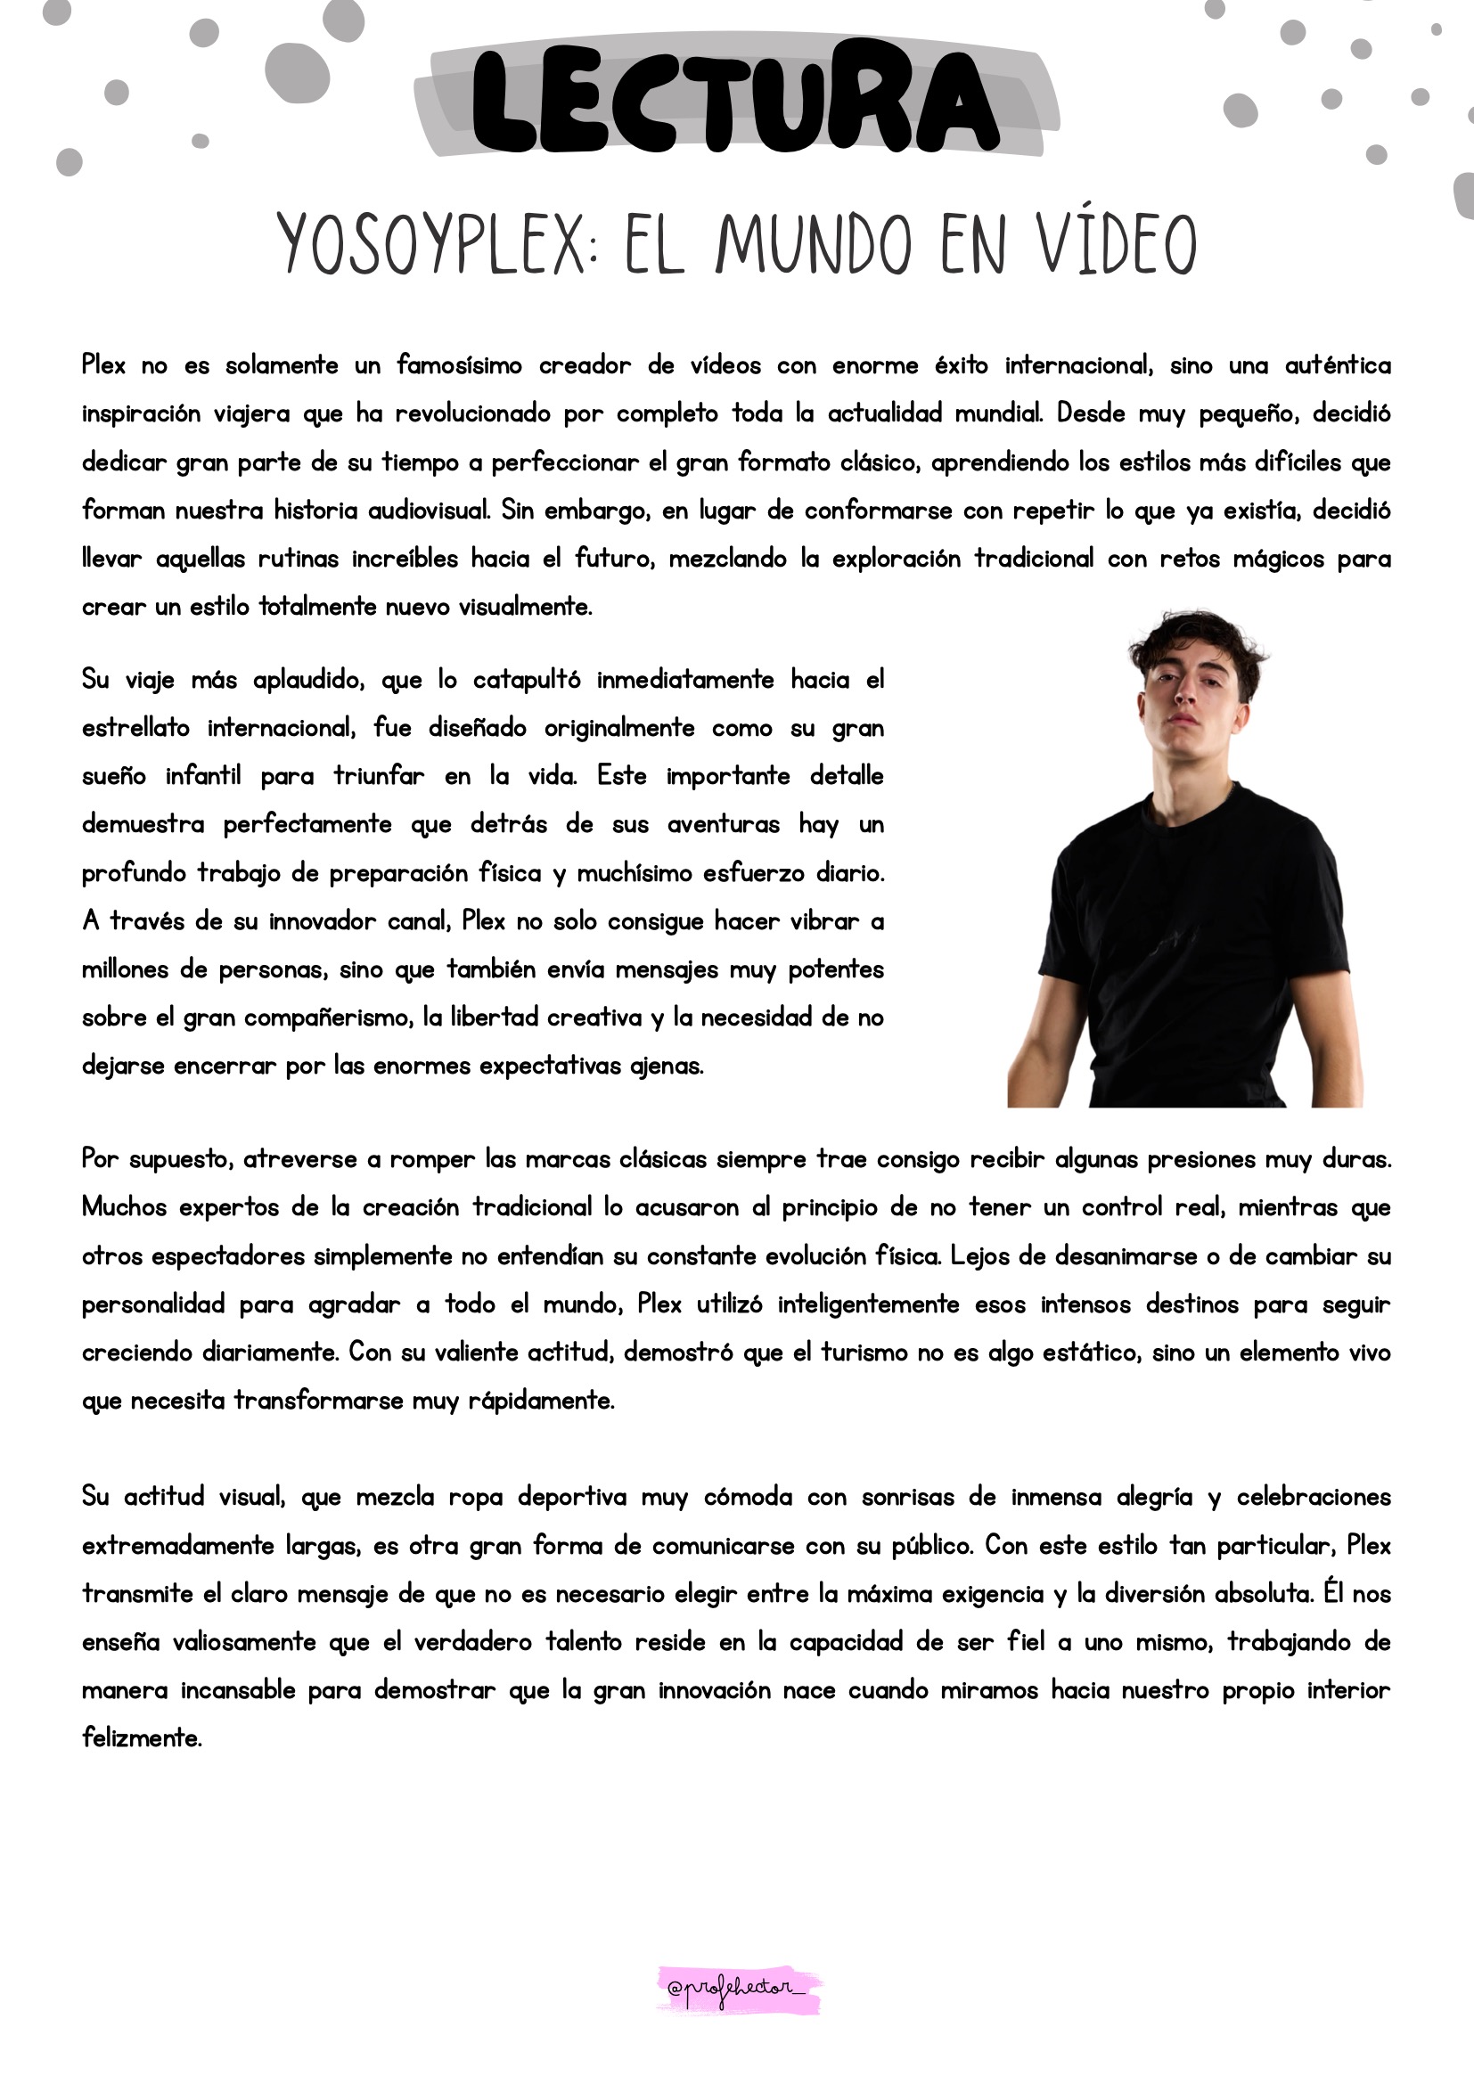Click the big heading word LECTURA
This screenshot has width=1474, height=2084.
735,100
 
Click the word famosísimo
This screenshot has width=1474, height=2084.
459,366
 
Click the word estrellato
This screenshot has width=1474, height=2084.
136,728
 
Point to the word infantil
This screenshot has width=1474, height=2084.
203,776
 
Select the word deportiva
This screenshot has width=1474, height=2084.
572,1497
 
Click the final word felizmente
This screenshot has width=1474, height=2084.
142,1738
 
